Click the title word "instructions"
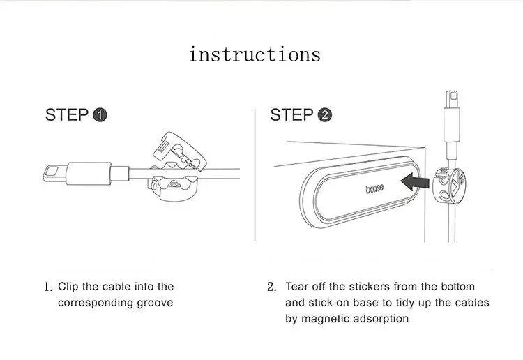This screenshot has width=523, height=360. click(255, 54)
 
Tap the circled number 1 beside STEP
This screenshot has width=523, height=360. click(100, 115)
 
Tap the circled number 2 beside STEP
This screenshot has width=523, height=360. click(324, 115)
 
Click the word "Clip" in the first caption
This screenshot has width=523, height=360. click(70, 287)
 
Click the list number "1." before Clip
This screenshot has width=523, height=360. click(48, 287)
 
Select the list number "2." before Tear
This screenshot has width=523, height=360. click(272, 287)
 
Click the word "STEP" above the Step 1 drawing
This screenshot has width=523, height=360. click(67, 115)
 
